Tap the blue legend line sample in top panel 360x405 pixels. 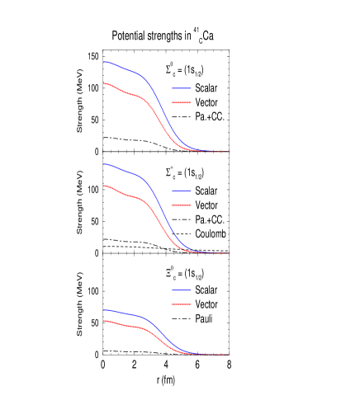pyautogui.click(x=182, y=88)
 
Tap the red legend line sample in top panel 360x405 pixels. pyautogui.click(x=182, y=103)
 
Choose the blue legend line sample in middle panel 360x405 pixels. pyautogui.click(x=182, y=191)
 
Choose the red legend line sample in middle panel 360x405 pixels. pyautogui.click(x=182, y=205)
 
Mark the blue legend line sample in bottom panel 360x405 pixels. pyautogui.click(x=182, y=290)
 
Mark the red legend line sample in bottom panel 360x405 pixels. pyautogui.click(x=182, y=304)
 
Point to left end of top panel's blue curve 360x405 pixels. pyautogui.click(x=104, y=61)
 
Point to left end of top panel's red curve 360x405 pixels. pyautogui.click(x=104, y=83)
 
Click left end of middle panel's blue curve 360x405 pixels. pyautogui.click(x=104, y=163)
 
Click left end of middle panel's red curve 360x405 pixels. pyautogui.click(x=104, y=186)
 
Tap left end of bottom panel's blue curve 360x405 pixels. pyautogui.click(x=104, y=309)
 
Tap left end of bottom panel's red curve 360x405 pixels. pyautogui.click(x=104, y=320)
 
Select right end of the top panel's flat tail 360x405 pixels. pyautogui.click(x=229, y=152)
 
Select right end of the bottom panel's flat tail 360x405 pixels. pyautogui.click(x=229, y=355)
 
